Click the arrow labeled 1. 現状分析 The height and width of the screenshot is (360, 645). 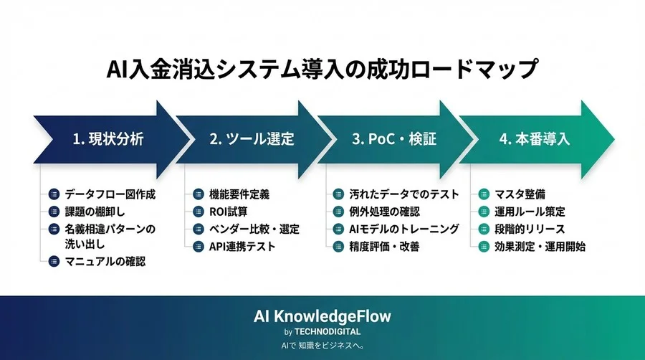[x=107, y=139]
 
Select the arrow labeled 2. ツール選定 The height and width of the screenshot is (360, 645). [x=251, y=139]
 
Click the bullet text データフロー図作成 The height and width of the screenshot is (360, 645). [x=110, y=194]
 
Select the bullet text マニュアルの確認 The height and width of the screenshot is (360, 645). [x=105, y=262]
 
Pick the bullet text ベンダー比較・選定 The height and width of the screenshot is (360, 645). [x=254, y=229]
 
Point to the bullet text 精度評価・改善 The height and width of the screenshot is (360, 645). [x=386, y=246]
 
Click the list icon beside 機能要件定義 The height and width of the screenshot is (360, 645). [x=197, y=194]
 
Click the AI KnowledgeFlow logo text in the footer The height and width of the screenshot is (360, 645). [x=322, y=316]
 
